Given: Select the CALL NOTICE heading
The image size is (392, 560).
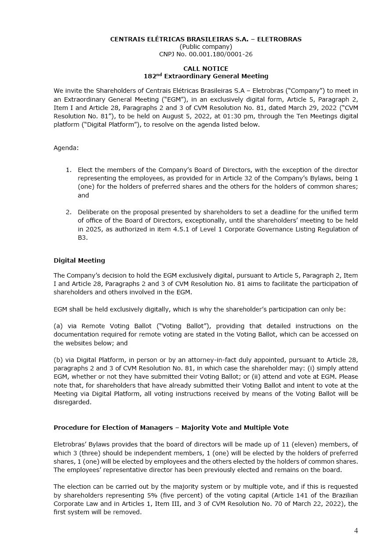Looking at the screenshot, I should click(206, 69).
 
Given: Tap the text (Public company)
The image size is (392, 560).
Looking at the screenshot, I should click(206, 47).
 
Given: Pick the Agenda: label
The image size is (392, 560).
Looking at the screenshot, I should click(66, 148).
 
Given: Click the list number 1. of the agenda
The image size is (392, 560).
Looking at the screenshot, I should click(69, 170).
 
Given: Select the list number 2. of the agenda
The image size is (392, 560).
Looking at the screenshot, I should click(69, 212).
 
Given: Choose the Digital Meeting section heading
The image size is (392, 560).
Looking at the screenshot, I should click(79, 260).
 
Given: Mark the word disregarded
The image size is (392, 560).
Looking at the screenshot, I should click(73, 402).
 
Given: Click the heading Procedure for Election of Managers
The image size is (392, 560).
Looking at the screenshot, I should click(116, 428).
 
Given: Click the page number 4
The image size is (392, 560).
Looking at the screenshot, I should click(356, 531).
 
